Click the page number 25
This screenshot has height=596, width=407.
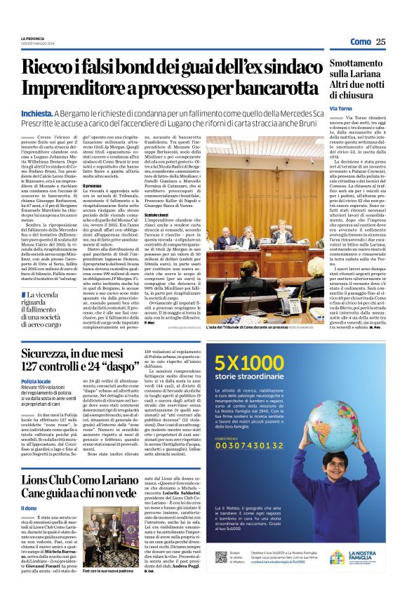(380, 41)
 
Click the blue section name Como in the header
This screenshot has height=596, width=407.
(360, 41)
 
